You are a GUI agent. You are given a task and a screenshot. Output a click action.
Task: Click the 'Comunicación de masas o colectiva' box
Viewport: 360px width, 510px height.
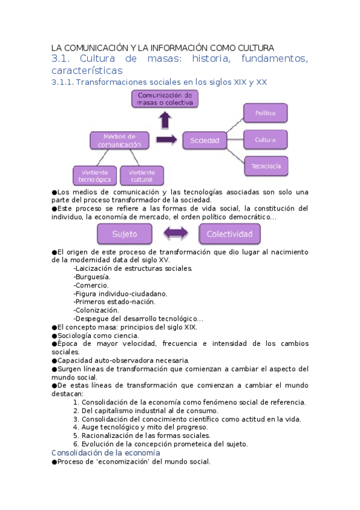pyautogui.click(x=164, y=99)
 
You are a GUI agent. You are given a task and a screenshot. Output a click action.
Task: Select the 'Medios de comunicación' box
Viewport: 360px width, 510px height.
pyautogui.click(x=119, y=141)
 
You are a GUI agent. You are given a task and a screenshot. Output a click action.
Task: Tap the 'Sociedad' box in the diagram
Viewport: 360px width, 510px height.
pyautogui.click(x=204, y=141)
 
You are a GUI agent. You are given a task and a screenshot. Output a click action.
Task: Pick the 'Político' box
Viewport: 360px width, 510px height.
pyautogui.click(x=265, y=112)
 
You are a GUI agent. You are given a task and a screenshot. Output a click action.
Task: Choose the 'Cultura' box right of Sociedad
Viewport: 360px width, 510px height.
pyautogui.click(x=265, y=140)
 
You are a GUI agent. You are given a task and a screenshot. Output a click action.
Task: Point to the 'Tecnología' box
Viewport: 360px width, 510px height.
pyautogui.click(x=266, y=165)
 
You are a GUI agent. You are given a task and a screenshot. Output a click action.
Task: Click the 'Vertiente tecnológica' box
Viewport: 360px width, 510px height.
pyautogui.click(x=94, y=176)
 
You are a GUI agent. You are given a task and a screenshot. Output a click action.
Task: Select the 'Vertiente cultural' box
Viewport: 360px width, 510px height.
pyautogui.click(x=142, y=176)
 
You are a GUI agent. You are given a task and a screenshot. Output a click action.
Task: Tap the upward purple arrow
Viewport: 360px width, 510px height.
pyautogui.click(x=164, y=120)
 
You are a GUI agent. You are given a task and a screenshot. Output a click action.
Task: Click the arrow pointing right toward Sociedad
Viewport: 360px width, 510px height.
pyautogui.click(x=166, y=140)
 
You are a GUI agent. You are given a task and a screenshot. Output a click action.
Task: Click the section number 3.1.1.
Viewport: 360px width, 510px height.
pyautogui.click(x=63, y=82)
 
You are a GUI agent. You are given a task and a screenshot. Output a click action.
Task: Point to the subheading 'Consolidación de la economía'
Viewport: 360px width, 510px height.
pyautogui.click(x=106, y=452)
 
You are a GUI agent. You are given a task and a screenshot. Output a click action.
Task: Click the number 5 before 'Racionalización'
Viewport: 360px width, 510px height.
pyautogui.click(x=76, y=435)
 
